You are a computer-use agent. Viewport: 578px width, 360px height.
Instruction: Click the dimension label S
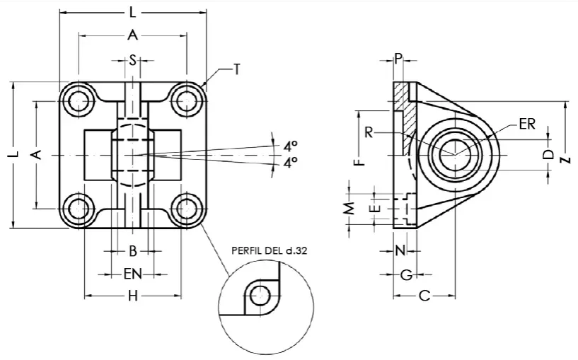point(132,60)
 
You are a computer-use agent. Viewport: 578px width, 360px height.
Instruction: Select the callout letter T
point(237,69)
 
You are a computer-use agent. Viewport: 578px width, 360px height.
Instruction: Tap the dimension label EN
point(132,273)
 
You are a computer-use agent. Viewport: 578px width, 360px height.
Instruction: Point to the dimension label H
point(132,296)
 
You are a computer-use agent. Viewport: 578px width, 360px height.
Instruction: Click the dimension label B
point(132,250)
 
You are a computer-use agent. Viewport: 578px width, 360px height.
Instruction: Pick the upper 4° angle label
point(290,146)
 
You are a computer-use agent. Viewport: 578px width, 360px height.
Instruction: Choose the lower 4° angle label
point(290,163)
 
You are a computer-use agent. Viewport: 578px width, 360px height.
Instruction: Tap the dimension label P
point(398,59)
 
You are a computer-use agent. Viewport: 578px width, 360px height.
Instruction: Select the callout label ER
point(527,124)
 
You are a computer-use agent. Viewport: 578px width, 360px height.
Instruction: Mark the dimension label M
point(349,209)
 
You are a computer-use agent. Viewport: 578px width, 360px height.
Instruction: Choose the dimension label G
point(405,274)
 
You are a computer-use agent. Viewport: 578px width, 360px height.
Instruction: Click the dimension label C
point(424,296)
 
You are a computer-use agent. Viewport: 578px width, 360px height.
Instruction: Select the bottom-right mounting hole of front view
point(186,209)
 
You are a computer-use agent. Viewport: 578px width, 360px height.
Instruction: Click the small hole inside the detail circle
point(260,296)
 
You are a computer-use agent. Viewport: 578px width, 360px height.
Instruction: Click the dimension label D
point(547,155)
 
